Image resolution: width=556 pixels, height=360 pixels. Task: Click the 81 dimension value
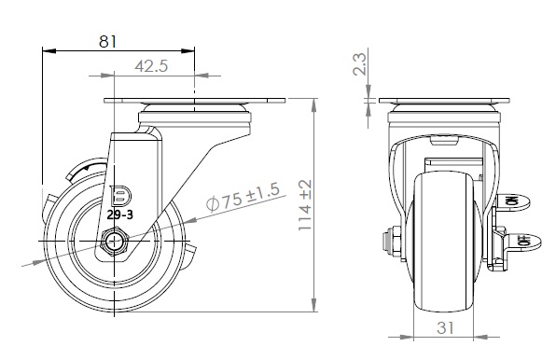[x=107, y=41]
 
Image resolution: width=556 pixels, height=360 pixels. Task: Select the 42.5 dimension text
[x=151, y=66]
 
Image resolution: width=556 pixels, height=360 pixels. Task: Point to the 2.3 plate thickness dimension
[x=359, y=63]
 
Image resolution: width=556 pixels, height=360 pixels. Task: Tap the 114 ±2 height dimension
[x=305, y=205]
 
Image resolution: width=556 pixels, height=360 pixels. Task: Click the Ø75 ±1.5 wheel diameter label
[x=243, y=197]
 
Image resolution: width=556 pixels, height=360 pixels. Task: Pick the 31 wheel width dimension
[x=445, y=327]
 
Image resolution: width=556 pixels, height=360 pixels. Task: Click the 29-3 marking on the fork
[x=119, y=215]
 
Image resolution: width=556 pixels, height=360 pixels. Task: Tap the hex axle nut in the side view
[x=114, y=242]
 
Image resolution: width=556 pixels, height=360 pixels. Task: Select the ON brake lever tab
[x=513, y=202]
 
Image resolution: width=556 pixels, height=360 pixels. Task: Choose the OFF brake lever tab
[x=524, y=242]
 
